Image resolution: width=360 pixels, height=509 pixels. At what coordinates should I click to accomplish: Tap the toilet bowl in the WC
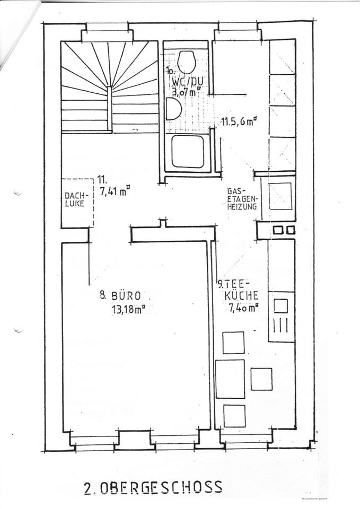tap(186, 62)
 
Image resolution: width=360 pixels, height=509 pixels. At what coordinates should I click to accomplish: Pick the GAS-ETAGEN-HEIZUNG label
tap(243, 198)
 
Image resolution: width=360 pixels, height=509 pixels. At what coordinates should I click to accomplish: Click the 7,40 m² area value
tap(243, 308)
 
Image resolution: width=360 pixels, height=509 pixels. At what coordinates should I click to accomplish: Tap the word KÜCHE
tap(242, 295)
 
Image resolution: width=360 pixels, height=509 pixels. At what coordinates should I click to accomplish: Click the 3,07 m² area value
tap(187, 91)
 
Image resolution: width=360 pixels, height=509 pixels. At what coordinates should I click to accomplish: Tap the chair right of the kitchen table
tap(261, 379)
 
